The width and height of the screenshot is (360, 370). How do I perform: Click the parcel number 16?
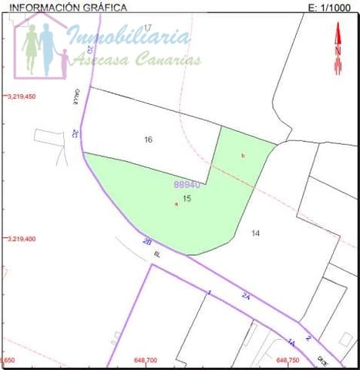click(x=149, y=140)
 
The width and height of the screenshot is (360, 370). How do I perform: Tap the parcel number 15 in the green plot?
click(x=187, y=198)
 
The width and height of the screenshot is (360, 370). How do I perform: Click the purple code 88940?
click(x=187, y=185)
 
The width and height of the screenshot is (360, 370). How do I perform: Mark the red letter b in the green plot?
click(x=243, y=156)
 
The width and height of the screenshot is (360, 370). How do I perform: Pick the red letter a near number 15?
click(x=177, y=204)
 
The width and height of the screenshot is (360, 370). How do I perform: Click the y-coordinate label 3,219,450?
click(x=22, y=97)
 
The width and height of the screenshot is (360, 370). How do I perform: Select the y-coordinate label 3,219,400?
click(x=22, y=239)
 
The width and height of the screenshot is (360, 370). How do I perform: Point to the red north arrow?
click(x=337, y=49)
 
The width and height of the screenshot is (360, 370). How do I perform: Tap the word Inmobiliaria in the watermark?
click(x=129, y=36)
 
